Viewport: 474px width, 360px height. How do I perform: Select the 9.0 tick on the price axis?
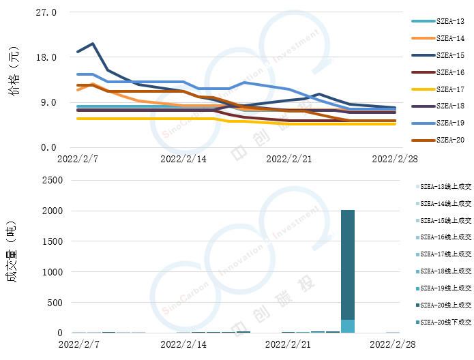coord(48,103)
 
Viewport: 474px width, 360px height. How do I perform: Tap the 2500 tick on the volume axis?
coord(52,181)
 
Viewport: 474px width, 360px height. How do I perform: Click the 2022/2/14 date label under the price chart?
coord(183,159)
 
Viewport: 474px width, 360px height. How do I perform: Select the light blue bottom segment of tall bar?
coord(348,326)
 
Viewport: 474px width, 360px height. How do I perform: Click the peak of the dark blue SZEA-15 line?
coord(92,44)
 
